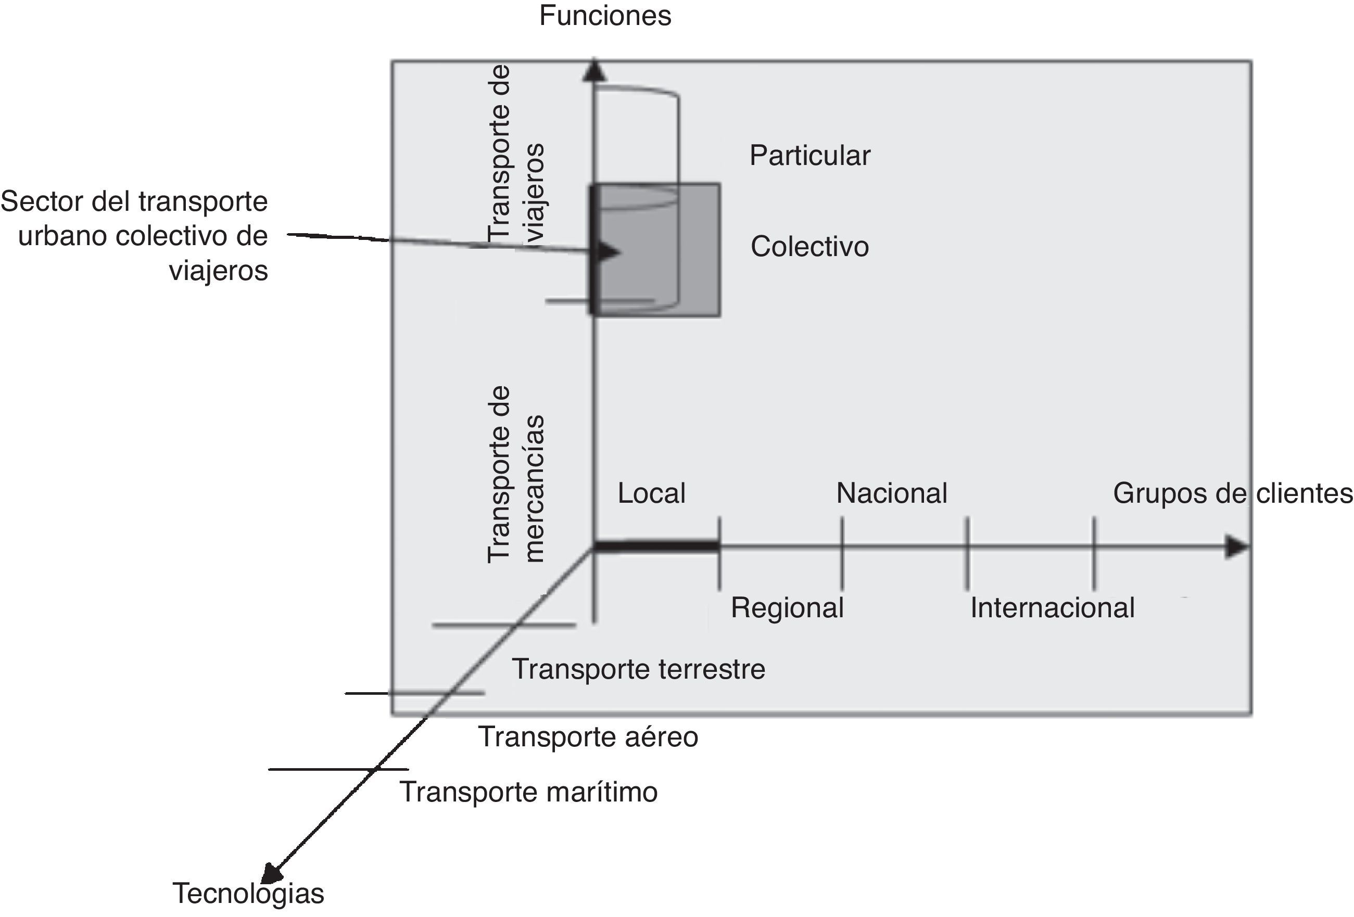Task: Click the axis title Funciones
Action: [x=605, y=16]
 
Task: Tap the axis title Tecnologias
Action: [x=248, y=893]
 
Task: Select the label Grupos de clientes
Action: [x=1232, y=493]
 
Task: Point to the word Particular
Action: [x=809, y=156]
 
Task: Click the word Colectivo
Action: [x=809, y=247]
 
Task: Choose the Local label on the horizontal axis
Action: [x=651, y=493]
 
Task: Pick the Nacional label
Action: [x=891, y=493]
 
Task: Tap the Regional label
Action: [x=787, y=608]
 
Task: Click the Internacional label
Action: [x=1052, y=608]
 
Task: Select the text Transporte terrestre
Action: [x=638, y=669]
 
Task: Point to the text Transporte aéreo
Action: [x=587, y=737]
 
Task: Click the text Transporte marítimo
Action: [x=528, y=792]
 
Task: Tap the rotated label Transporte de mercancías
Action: [x=515, y=475]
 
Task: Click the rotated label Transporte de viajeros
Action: [x=515, y=152]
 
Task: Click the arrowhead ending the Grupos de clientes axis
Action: [x=1236, y=547]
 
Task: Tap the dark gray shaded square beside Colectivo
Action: [x=700, y=250]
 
